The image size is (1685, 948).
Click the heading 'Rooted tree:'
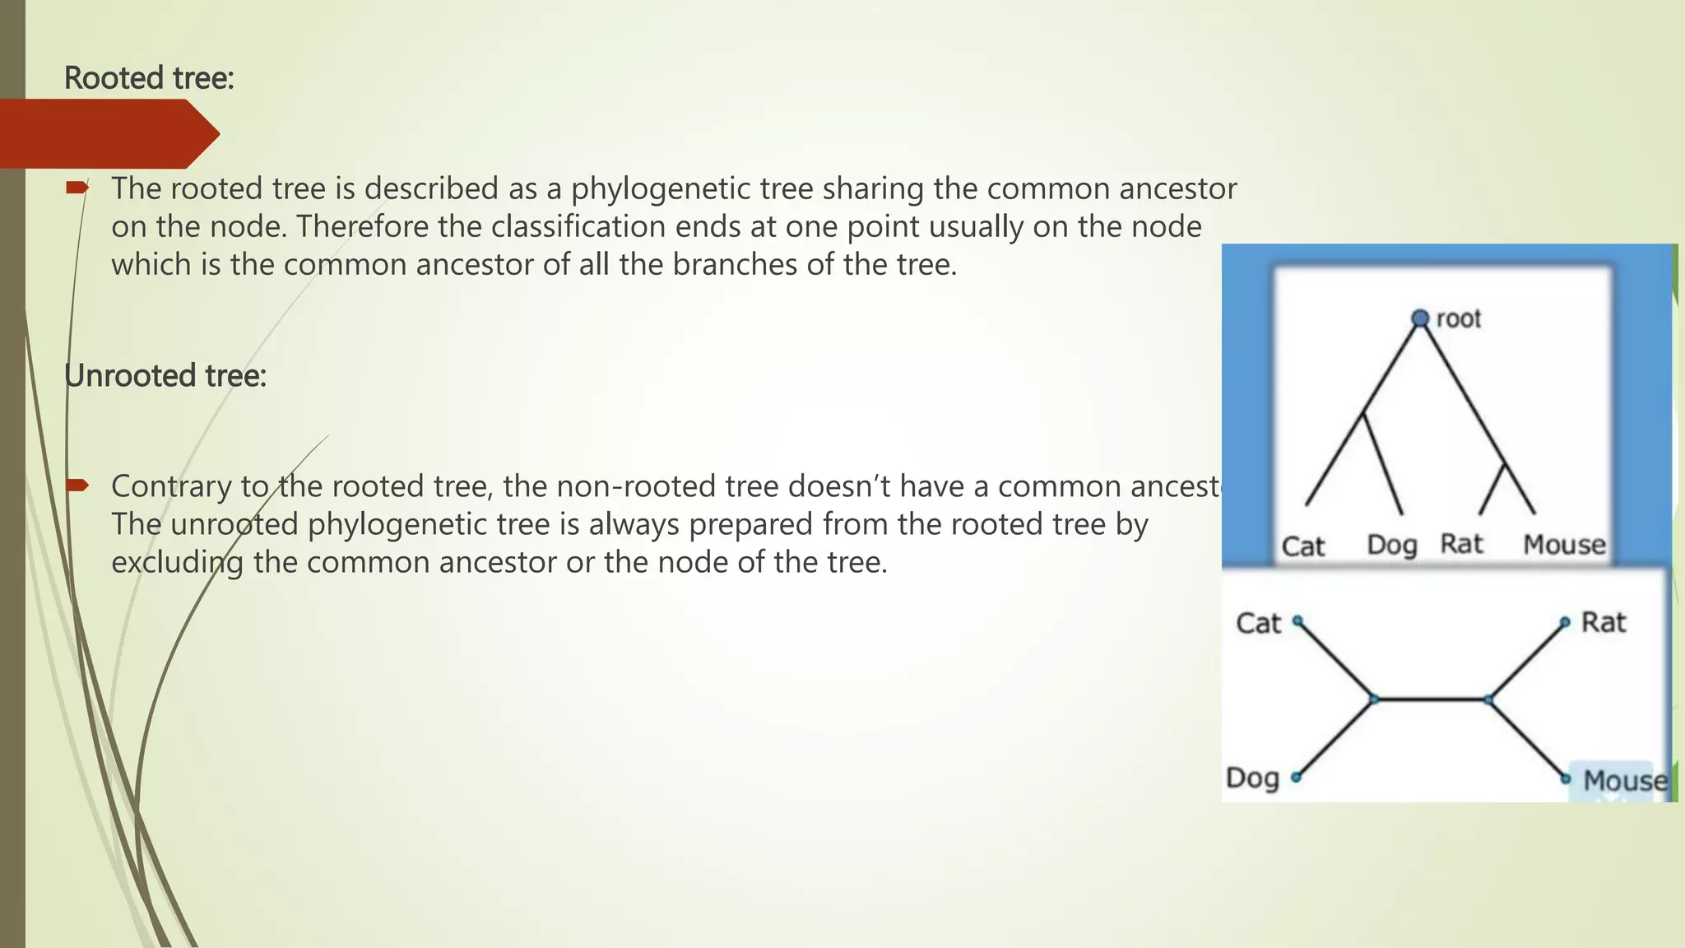[x=149, y=78]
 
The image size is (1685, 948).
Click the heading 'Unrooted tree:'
[x=165, y=376]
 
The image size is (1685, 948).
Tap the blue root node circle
[x=1420, y=318]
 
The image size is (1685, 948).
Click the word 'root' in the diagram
[x=1458, y=318]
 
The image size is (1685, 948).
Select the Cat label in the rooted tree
[x=1303, y=546]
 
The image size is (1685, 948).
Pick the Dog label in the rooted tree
[x=1392, y=545]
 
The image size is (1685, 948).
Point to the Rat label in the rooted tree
[x=1462, y=544]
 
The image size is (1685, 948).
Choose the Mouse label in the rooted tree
[x=1564, y=545]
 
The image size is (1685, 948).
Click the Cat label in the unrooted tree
[x=1259, y=623]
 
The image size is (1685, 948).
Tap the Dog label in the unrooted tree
[x=1252, y=778]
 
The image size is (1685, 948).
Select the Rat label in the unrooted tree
[x=1604, y=622]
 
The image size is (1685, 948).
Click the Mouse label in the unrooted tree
[x=1625, y=780]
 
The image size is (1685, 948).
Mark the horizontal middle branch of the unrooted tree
[x=1432, y=699]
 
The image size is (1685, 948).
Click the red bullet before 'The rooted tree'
[x=77, y=188]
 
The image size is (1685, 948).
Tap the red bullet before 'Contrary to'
[x=77, y=486]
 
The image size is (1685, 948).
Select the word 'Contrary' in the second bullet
[x=172, y=486]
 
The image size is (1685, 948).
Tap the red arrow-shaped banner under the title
[x=107, y=133]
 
